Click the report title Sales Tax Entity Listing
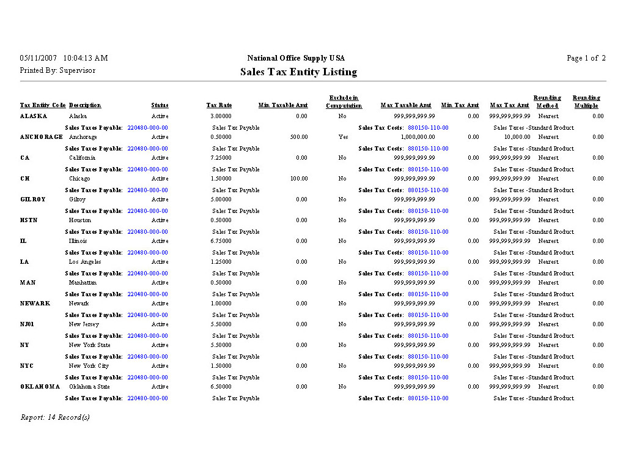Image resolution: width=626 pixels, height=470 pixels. coord(298,72)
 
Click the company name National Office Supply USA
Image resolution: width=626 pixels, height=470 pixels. coord(296,58)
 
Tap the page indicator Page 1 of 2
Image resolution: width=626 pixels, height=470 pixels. coord(586,58)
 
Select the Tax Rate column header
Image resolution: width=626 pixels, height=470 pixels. coord(219,105)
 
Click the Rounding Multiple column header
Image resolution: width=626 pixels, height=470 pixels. coord(586,102)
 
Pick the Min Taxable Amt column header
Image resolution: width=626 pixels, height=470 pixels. coord(283,105)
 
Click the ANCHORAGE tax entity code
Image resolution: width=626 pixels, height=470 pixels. coord(42,137)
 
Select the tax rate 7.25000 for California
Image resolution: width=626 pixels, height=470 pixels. coord(220,158)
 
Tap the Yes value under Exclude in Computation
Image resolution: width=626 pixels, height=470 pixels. coord(343,137)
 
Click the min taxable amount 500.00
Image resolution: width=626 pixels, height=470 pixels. coord(298,137)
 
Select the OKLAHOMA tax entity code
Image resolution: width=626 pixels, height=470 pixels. coord(40,387)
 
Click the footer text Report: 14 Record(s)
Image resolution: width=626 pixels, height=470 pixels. coord(55,417)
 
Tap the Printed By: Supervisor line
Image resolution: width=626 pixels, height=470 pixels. coord(57,70)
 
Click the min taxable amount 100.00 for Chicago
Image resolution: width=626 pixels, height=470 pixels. coord(298,179)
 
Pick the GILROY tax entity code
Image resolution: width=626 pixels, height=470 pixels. coord(32,200)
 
